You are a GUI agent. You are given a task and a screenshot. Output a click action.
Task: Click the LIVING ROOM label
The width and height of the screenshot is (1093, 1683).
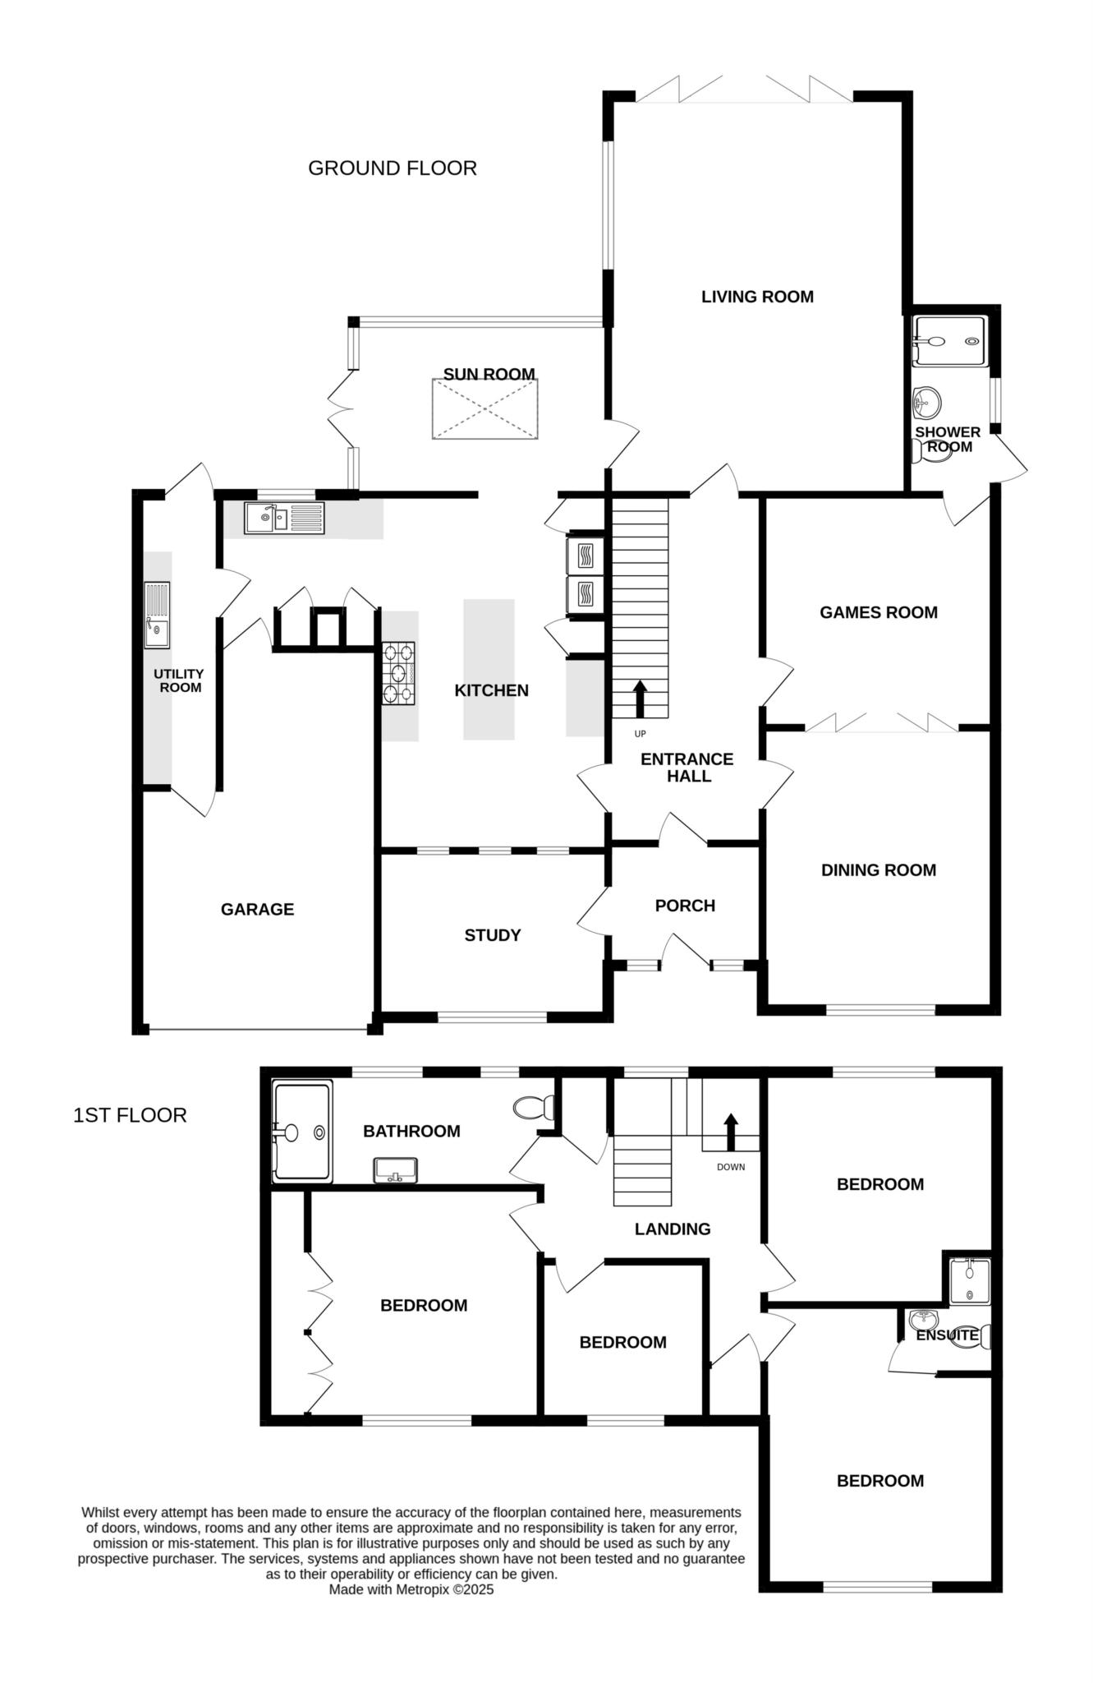coord(757,297)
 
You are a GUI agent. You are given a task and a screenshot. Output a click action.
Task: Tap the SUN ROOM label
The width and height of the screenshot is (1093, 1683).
coord(489,374)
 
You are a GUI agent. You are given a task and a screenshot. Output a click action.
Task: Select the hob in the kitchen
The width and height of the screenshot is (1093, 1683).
coord(398,673)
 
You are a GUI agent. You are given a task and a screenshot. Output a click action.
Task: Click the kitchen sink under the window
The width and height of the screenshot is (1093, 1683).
coord(284,518)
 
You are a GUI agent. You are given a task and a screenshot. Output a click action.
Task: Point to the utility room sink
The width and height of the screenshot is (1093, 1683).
coord(157,616)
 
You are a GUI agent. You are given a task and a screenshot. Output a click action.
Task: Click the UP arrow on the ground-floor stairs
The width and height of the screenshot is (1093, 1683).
coord(640,699)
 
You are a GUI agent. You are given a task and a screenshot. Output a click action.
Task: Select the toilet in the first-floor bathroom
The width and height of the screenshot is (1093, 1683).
coord(535,1108)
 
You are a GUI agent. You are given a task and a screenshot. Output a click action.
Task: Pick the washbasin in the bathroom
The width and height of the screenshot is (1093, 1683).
coord(396,1170)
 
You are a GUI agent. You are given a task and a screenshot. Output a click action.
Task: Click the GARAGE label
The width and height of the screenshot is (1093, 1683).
coord(257,909)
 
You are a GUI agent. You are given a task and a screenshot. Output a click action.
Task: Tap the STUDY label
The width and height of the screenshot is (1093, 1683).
coord(493,935)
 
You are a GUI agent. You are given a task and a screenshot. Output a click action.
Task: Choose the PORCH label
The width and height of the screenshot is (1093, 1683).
coord(685,906)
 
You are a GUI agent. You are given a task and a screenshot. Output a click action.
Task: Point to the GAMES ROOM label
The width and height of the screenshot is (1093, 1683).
coord(879,612)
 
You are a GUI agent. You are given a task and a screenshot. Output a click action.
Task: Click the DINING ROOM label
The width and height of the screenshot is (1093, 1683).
coord(879,870)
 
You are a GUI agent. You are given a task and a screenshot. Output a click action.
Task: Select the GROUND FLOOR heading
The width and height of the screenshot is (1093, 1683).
coord(393,168)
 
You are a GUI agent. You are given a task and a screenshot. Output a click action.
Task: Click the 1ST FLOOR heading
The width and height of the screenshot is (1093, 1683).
coord(130,1115)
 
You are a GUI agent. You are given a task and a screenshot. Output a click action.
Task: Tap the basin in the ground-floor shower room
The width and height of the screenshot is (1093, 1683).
coord(926,403)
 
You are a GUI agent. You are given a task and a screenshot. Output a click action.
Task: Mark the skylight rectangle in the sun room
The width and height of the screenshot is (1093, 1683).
coord(485,409)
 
